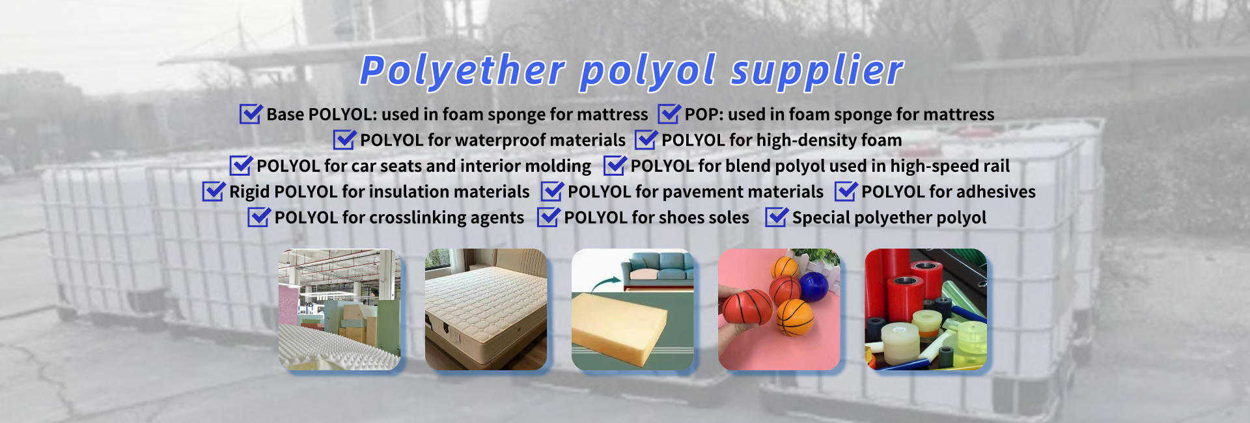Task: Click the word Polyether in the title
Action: pos(462,70)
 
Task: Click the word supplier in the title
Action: pos(817,70)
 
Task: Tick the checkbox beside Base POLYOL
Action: pos(251,114)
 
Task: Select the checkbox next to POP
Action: pos(669,114)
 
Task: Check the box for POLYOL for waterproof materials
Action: pos(344,140)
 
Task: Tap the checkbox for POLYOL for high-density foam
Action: pos(646,140)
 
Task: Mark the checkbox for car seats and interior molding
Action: pos(241,166)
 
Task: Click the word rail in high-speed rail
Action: pos(996,166)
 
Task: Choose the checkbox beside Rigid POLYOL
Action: pos(214,191)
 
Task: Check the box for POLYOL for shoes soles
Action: pos(548,217)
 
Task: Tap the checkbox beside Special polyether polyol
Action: pos(777,217)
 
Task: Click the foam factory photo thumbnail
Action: pos(339,309)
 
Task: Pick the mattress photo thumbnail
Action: pos(486,309)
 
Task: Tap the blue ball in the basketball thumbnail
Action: pos(813,287)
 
